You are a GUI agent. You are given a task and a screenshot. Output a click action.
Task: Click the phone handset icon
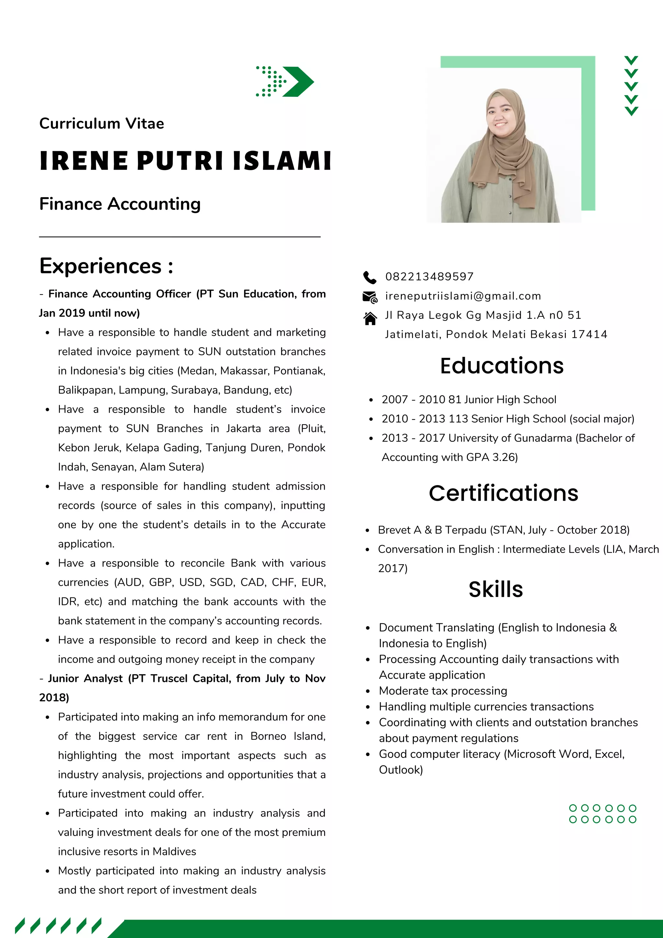tap(369, 277)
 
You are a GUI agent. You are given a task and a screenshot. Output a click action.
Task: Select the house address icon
tap(370, 318)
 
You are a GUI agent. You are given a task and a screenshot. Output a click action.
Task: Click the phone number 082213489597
tap(429, 277)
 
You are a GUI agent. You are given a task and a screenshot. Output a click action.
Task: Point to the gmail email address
tap(463, 296)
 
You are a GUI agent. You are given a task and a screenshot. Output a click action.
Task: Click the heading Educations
tap(501, 366)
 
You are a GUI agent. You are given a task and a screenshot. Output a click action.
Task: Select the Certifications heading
tap(503, 493)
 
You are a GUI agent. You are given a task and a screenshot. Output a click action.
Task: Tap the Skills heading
tap(495, 589)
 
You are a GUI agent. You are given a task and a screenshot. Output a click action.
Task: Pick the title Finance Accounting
tap(119, 204)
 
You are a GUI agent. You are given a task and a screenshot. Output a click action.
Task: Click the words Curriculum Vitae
tap(101, 123)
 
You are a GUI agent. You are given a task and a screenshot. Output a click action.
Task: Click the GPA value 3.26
tap(505, 457)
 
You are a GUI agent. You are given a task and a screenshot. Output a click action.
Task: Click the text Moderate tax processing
tap(443, 691)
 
